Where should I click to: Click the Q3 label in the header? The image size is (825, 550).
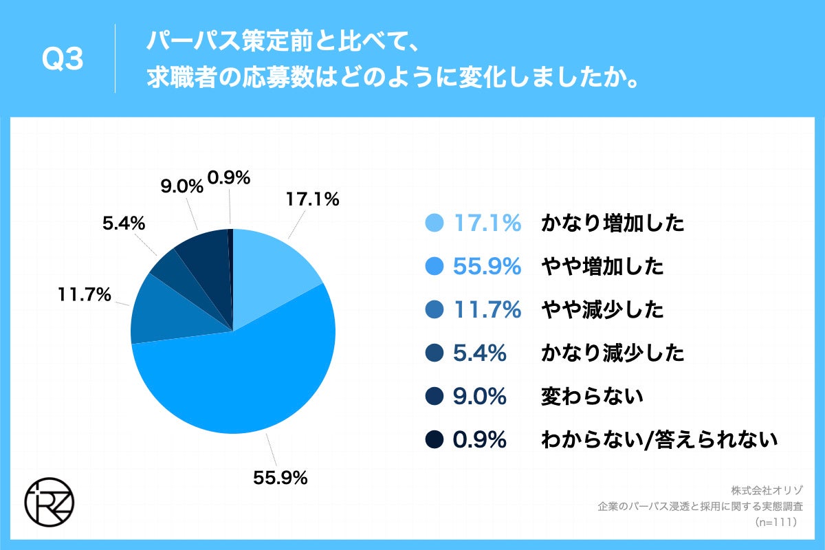coord(63,60)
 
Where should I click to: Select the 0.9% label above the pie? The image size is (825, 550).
coord(228,179)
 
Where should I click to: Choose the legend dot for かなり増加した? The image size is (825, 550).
coord(434,223)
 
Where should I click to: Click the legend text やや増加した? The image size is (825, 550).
coord(603,267)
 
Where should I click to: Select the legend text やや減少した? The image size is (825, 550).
coord(603,310)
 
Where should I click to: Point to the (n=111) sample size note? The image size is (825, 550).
coord(775,522)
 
